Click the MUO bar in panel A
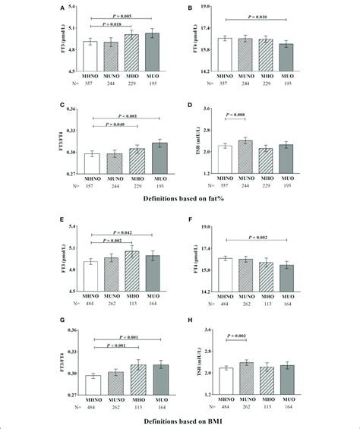(152, 52)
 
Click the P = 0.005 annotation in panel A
(121, 14)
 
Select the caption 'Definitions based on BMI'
(181, 420)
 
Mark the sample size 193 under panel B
(285, 79)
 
